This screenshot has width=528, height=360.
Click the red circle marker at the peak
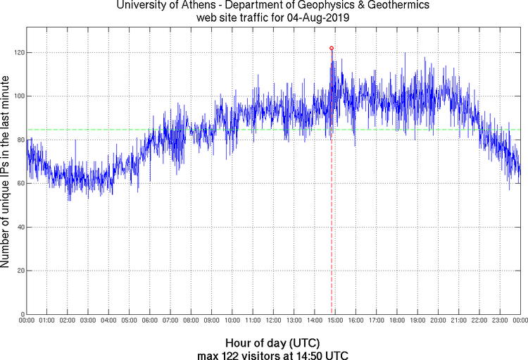click(332, 48)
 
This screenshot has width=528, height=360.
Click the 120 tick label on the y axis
click(17, 53)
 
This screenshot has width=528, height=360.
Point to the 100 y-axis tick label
click(17, 97)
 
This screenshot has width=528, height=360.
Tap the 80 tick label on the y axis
click(19, 140)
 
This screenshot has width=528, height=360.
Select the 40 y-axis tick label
click(19, 227)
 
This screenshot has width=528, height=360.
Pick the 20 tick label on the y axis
click(19, 271)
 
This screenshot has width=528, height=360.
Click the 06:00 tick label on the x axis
click(150, 321)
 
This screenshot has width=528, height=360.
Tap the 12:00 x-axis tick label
click(273, 321)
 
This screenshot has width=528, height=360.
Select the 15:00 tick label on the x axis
click(335, 321)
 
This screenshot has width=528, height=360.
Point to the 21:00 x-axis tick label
click(458, 321)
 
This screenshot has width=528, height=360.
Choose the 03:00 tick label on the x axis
click(88, 321)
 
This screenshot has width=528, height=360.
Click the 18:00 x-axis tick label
click(397, 321)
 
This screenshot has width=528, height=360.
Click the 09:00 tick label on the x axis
click(211, 321)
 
